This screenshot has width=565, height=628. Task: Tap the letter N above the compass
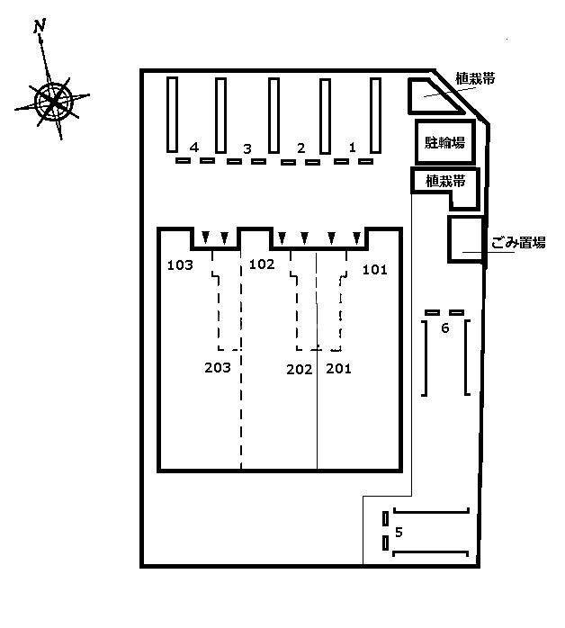pyautogui.click(x=40, y=27)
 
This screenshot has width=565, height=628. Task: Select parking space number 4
pyautogui.click(x=194, y=147)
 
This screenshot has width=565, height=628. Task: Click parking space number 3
pyautogui.click(x=247, y=148)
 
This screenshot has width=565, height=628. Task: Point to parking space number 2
pyautogui.click(x=301, y=148)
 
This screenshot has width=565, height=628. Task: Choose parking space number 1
pyautogui.click(x=353, y=147)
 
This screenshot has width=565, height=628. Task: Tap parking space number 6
pyautogui.click(x=444, y=328)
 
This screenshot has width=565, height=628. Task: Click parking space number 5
pyautogui.click(x=399, y=532)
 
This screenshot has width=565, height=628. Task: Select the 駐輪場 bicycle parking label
pyautogui.click(x=444, y=141)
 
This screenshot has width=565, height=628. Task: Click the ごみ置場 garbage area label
pyautogui.click(x=519, y=242)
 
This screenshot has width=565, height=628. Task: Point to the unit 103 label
pyautogui.click(x=181, y=265)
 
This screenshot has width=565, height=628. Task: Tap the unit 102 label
pyautogui.click(x=261, y=264)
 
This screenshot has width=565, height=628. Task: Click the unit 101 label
pyautogui.click(x=374, y=269)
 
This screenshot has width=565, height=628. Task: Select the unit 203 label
pyautogui.click(x=218, y=367)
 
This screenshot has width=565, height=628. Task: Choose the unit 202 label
pyautogui.click(x=299, y=368)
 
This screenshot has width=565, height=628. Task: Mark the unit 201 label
pyautogui.click(x=338, y=368)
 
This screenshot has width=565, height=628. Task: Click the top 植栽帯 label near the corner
pyautogui.click(x=476, y=79)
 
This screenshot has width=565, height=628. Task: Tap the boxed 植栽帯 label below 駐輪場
pyautogui.click(x=444, y=181)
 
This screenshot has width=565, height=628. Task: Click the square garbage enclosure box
pyautogui.click(x=465, y=238)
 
